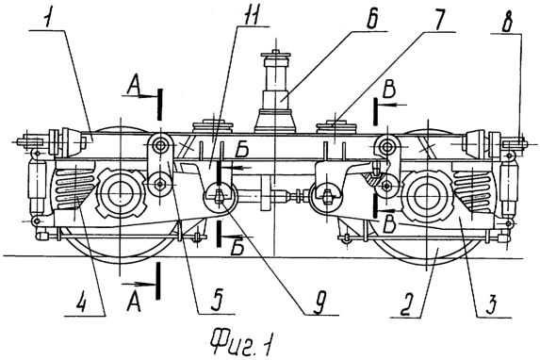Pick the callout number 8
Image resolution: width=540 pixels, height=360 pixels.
click(507, 22)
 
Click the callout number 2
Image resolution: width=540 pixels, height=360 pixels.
click(405, 304)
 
